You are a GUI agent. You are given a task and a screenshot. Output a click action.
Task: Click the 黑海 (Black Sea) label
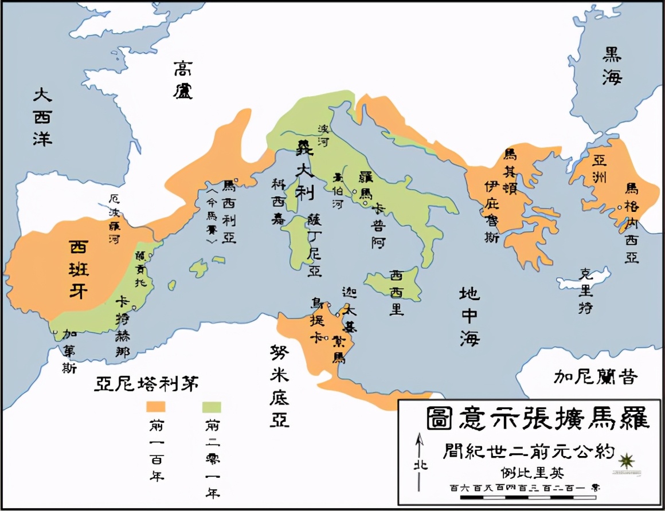[x=612, y=65]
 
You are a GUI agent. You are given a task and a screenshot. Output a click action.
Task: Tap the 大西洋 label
[x=42, y=116]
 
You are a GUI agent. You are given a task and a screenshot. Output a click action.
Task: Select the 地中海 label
[x=468, y=316]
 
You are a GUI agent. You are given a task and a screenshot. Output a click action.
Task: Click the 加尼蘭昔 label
[x=596, y=376]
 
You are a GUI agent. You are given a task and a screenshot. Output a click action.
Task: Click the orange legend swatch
[x=156, y=407]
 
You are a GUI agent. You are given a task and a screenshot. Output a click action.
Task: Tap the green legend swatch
[x=212, y=407]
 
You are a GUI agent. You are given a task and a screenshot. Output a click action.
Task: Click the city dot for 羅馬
[x=355, y=192]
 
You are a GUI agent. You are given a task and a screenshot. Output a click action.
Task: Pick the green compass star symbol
[x=627, y=460]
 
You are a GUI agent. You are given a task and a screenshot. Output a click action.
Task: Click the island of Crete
[x=585, y=278]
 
